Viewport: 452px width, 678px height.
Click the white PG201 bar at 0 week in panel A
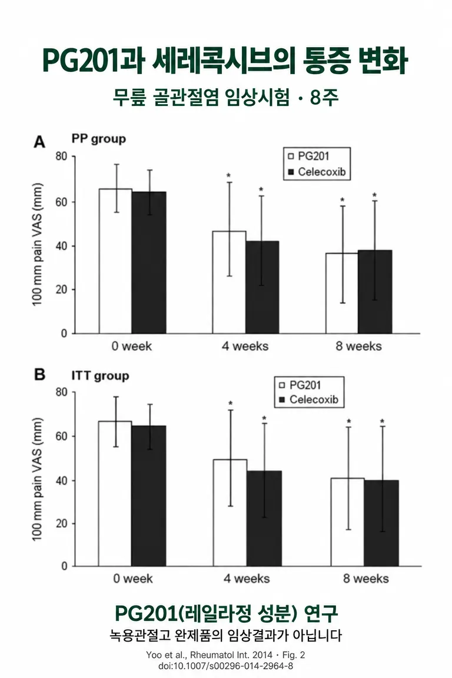(115, 261)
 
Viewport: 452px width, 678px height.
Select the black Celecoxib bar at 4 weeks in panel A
(262, 287)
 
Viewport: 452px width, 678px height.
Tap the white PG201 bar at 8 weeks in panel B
(347, 522)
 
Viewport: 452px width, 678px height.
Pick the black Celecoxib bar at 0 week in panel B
(149, 496)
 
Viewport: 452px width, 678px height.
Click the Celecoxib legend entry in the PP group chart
(317, 172)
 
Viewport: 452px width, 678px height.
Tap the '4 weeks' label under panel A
(245, 346)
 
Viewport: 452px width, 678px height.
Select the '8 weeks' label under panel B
(366, 579)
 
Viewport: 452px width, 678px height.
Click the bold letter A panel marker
(39, 142)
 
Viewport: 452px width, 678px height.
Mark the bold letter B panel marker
(40, 374)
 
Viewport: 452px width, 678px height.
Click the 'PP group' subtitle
(99, 139)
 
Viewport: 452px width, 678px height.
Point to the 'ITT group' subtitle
(101, 375)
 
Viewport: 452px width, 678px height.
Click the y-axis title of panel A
(38, 245)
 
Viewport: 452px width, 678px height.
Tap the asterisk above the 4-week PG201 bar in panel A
(229, 175)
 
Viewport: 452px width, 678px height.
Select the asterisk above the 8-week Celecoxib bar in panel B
(383, 421)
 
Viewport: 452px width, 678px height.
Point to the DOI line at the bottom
(226, 666)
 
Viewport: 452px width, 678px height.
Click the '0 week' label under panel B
(133, 579)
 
